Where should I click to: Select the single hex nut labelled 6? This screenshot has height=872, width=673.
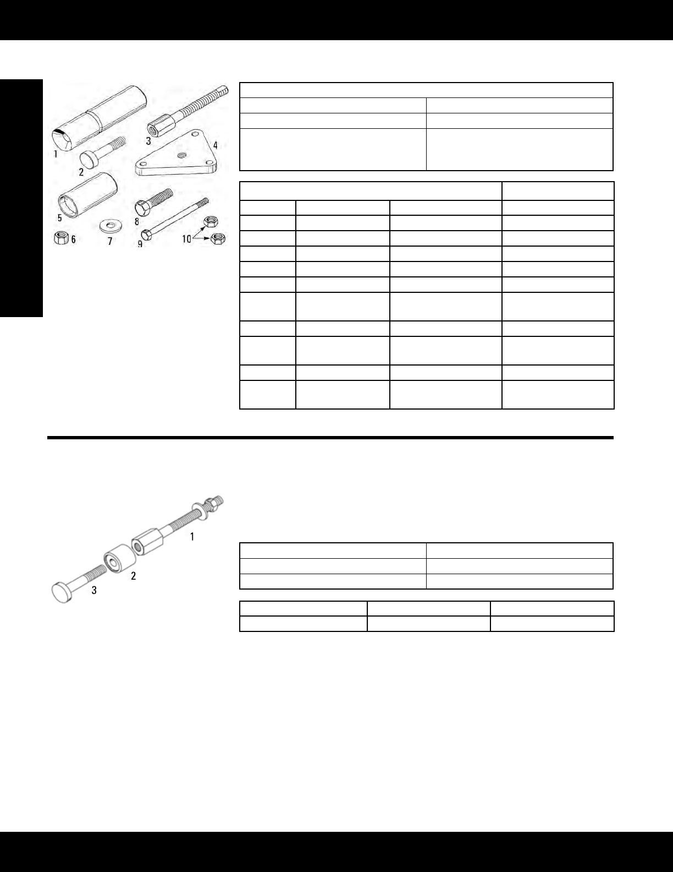point(60,238)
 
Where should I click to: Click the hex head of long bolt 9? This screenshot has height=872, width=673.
point(146,235)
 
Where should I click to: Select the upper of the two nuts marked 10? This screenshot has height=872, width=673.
point(209,222)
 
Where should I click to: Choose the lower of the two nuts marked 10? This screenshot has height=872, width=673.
point(218,239)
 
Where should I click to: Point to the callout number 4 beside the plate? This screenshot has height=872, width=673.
point(216,145)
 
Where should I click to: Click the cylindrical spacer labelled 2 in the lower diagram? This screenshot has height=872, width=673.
point(119,560)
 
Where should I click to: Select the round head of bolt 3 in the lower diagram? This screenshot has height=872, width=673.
point(61,593)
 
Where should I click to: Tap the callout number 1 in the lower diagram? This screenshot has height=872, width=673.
point(192,536)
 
